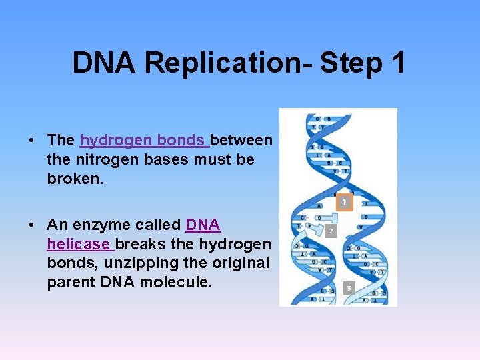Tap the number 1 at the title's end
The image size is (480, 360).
click(397, 63)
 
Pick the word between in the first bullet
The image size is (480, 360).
click(241, 140)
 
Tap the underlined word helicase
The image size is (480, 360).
click(78, 245)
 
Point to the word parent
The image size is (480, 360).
click(70, 283)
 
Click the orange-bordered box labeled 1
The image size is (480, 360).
click(344, 202)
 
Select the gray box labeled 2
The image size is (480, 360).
click(331, 231)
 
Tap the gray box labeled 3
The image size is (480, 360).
click(348, 288)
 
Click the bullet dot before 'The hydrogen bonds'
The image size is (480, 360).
click(31, 141)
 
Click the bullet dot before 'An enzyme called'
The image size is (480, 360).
click(31, 225)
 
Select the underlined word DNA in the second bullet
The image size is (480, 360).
click(203, 225)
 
